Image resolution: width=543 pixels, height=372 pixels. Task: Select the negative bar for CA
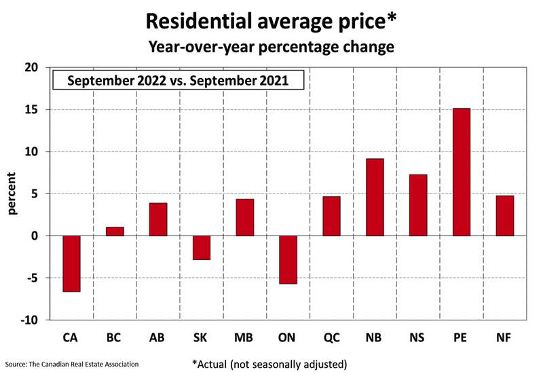71,263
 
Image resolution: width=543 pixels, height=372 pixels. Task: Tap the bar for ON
288,259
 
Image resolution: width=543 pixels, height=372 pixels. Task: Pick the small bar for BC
115,231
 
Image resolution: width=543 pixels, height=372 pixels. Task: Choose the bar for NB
375,197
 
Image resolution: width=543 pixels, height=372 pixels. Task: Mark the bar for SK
202,247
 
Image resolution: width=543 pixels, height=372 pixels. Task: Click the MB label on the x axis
245,337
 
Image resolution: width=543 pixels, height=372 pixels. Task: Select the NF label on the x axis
504,337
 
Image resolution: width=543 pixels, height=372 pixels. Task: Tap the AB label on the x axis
158,337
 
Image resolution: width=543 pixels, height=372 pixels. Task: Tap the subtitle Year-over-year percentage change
271,48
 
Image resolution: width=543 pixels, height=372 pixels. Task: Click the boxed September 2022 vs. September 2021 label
179,81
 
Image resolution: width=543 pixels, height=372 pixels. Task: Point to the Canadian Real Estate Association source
71,365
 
